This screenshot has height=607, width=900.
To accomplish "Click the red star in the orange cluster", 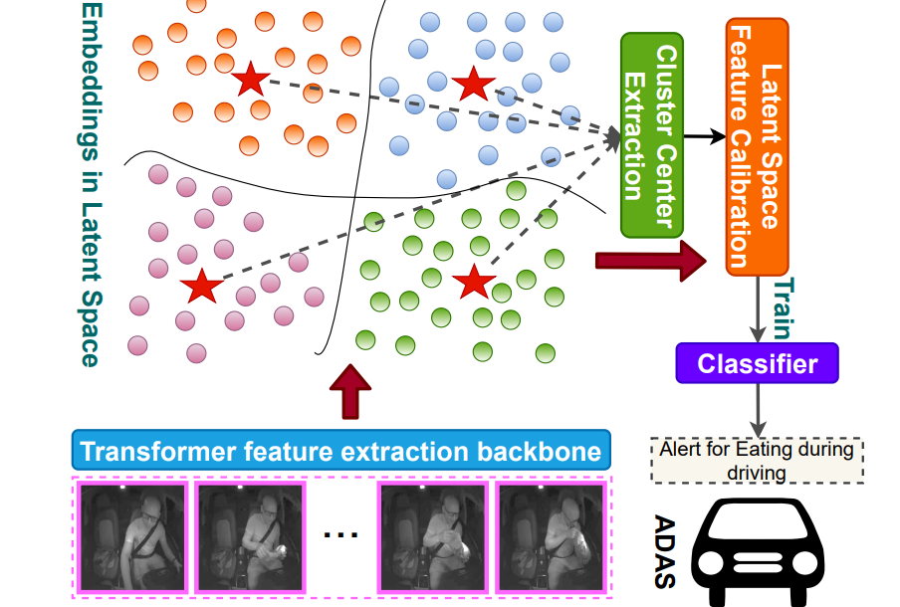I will click(x=250, y=80).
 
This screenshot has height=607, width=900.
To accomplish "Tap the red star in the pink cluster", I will click(x=203, y=287).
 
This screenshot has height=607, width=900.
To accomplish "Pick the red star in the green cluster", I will click(x=474, y=283).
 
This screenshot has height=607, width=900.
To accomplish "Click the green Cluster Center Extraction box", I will click(x=652, y=134).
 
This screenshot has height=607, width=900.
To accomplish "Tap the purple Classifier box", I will click(x=757, y=364).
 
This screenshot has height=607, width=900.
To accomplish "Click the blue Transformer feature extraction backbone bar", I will click(x=340, y=452).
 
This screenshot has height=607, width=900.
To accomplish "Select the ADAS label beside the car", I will click(x=665, y=552).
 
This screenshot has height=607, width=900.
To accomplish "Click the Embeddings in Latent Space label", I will click(x=90, y=184).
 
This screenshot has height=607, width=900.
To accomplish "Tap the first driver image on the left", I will click(x=132, y=538).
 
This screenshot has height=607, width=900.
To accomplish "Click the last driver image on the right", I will click(x=550, y=538).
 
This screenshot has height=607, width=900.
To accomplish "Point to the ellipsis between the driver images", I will click(x=340, y=534).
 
